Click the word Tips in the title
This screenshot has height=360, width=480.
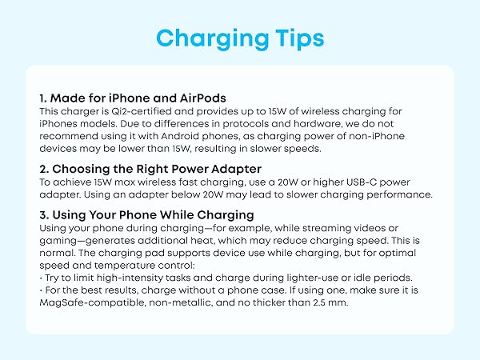(x=293, y=38)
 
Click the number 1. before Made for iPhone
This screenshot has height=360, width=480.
(x=43, y=98)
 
